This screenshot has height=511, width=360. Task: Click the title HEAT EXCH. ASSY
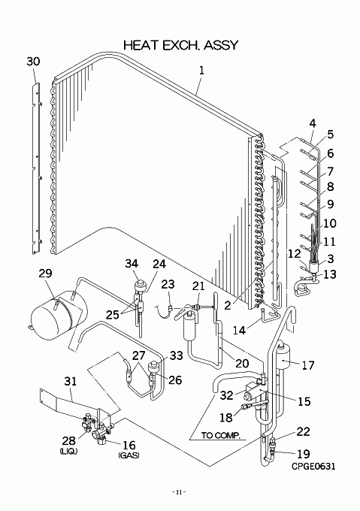click(181, 45)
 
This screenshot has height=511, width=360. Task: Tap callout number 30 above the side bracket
click(33, 62)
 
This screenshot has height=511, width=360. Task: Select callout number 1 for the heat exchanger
click(201, 71)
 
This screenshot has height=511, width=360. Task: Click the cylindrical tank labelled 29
click(59, 313)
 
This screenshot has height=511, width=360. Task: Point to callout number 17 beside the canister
click(308, 365)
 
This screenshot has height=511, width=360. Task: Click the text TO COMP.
click(220, 435)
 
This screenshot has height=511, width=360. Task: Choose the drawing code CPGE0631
click(313, 467)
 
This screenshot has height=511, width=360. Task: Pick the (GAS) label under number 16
click(129, 455)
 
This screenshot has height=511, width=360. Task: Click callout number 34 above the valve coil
click(132, 264)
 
